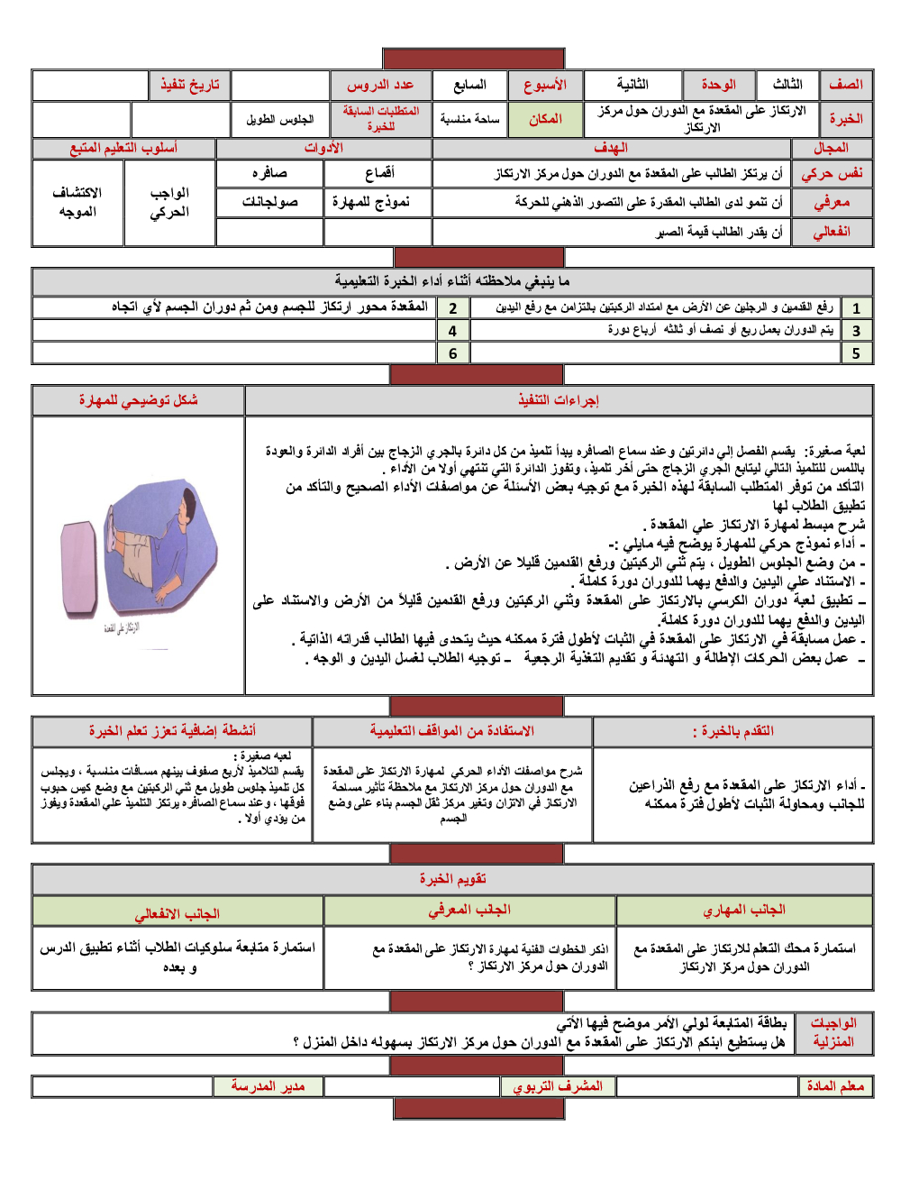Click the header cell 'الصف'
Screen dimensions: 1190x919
pyautogui.click(x=845, y=85)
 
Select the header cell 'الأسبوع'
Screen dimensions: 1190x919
pyautogui.click(x=544, y=85)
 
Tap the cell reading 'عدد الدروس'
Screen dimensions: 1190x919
pyautogui.click(x=380, y=85)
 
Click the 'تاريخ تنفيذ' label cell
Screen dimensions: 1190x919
pyautogui.click(x=189, y=85)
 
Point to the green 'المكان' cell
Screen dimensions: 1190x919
pyautogui.click(x=544, y=119)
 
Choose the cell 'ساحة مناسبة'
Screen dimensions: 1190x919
pyautogui.click(x=469, y=119)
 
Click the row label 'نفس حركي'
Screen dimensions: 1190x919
pyautogui.click(x=832, y=173)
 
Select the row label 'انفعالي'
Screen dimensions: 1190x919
pyautogui.click(x=832, y=232)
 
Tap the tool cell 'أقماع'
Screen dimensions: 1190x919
pyautogui.click(x=378, y=173)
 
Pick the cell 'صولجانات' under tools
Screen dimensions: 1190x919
pyautogui.click(x=269, y=202)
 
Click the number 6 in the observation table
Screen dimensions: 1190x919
pyautogui.click(x=452, y=353)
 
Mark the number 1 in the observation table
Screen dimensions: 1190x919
pyautogui.click(x=856, y=308)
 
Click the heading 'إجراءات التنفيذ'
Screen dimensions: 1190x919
pyautogui.click(x=559, y=400)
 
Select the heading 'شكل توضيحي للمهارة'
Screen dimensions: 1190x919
pyautogui.click(x=138, y=400)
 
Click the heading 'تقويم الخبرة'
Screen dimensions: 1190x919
pyautogui.click(x=452, y=879)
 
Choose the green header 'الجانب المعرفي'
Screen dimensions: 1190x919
pyautogui.click(x=469, y=911)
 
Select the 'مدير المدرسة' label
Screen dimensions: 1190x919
pyautogui.click(x=268, y=1086)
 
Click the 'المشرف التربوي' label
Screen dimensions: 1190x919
pyautogui.click(x=558, y=1086)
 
